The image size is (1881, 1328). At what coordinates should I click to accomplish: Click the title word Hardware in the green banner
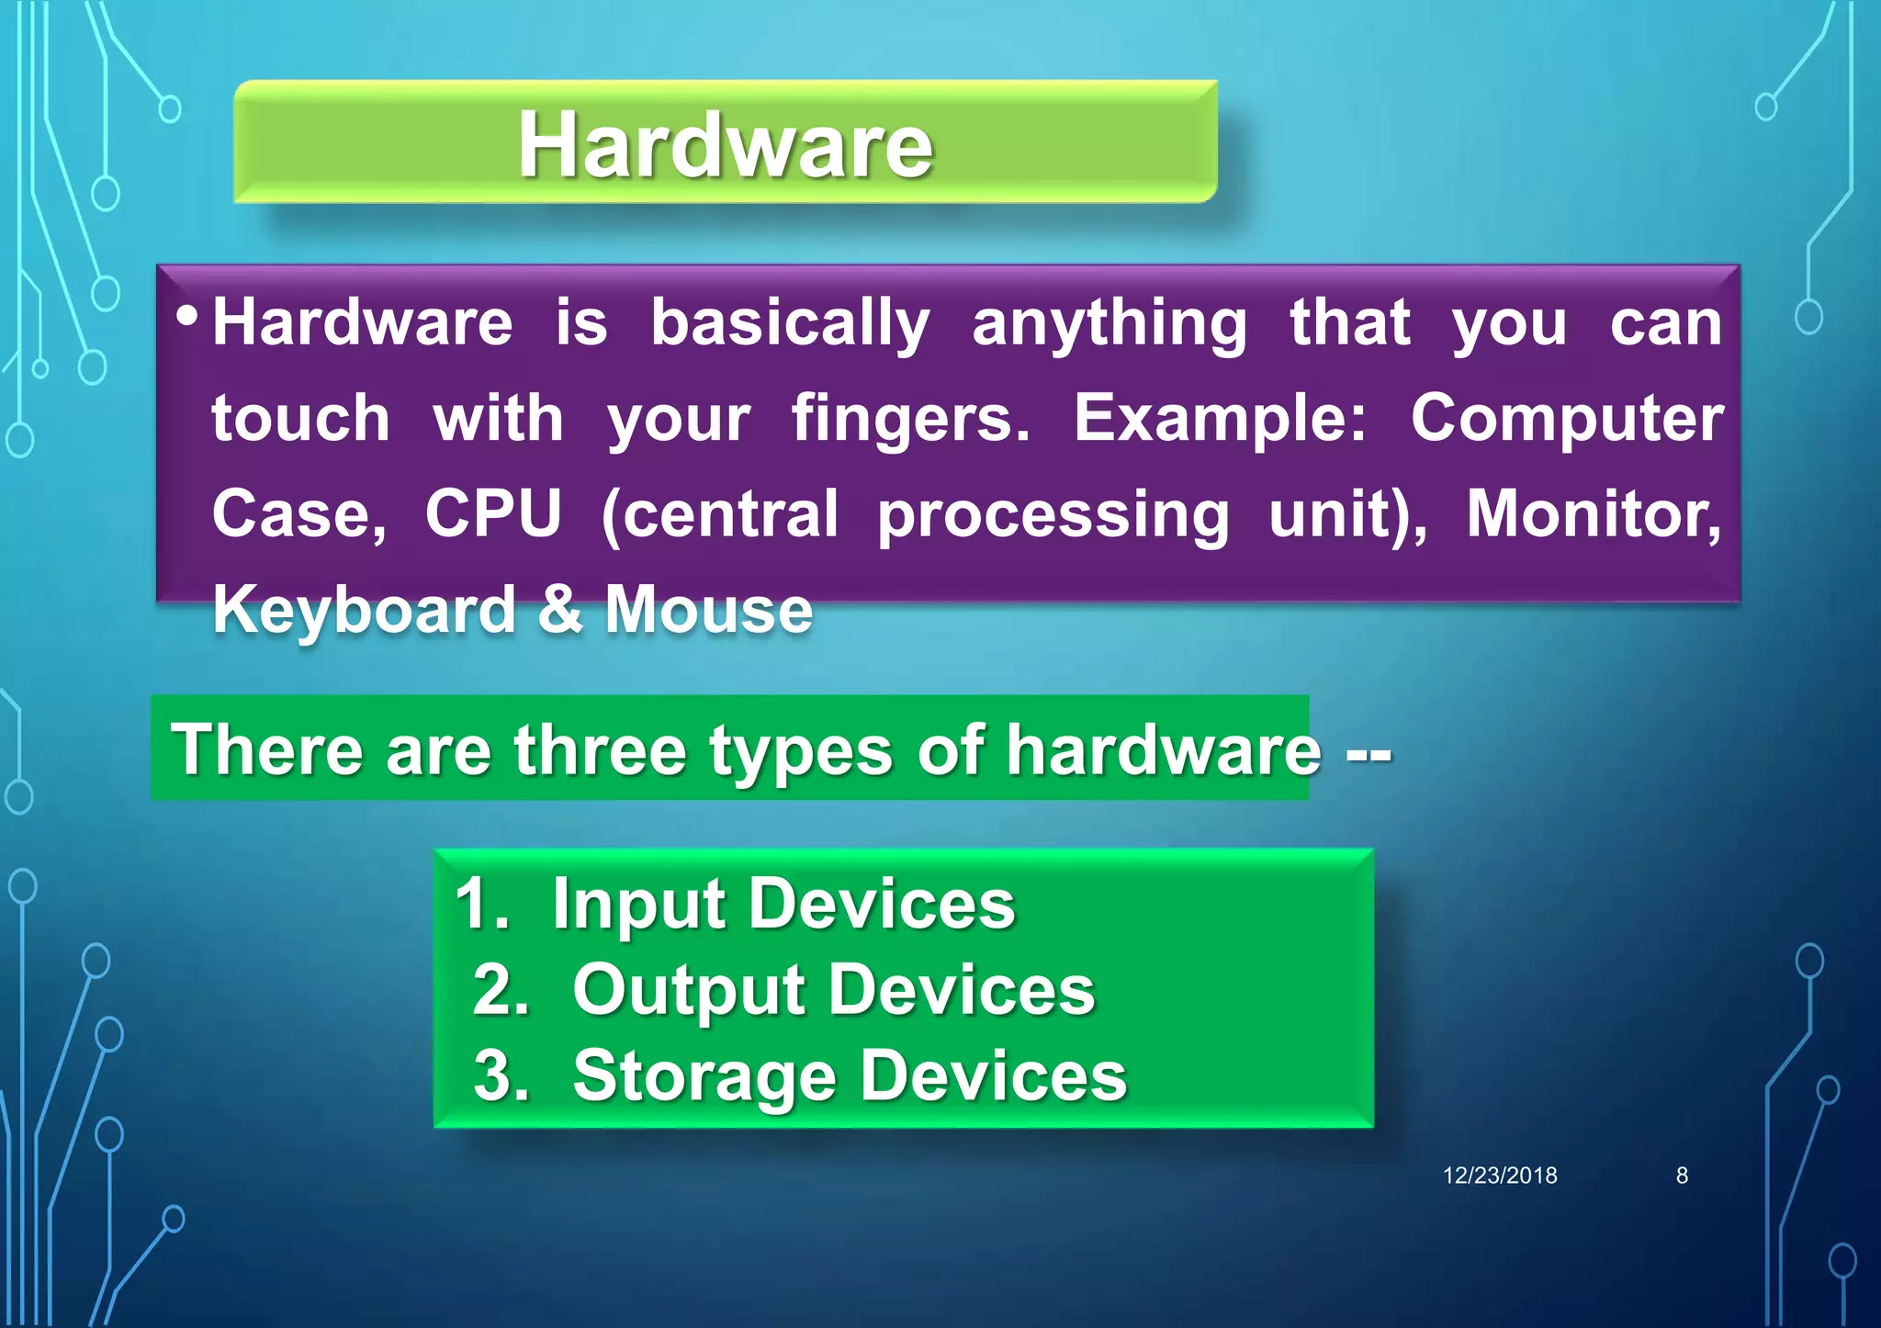(725, 144)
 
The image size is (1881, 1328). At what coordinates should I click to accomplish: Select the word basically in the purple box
(790, 324)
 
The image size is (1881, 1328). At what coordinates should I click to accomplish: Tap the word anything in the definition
(1109, 324)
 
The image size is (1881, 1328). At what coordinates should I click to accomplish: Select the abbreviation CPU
(493, 513)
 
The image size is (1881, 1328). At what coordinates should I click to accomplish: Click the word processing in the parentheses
(1053, 515)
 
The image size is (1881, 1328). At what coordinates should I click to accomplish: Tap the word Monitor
(1593, 513)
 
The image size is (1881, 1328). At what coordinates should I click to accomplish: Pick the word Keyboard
(364, 610)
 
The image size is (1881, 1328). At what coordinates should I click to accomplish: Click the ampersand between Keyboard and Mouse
(559, 610)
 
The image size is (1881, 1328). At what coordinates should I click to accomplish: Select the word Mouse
(708, 610)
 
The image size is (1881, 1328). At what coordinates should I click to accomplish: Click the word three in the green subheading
(600, 751)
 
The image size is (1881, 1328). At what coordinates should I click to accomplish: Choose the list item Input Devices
(783, 906)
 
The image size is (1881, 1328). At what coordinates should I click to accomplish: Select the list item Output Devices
(833, 991)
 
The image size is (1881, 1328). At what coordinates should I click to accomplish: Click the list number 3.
(501, 1076)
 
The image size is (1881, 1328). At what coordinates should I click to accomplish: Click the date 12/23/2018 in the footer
(1499, 1176)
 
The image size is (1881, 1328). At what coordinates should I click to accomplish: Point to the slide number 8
(1682, 1176)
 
